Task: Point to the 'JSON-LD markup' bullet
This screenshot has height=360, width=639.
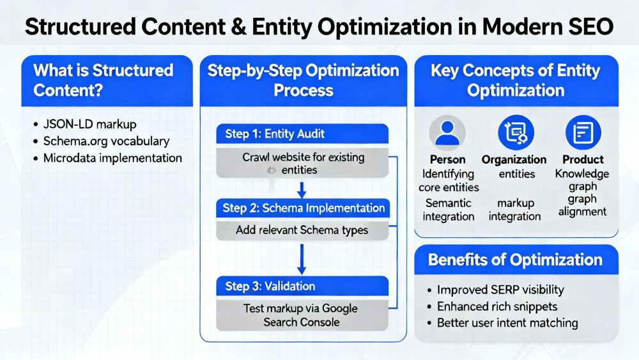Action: coord(91,124)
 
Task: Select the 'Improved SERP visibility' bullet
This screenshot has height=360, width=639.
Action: coord(501,290)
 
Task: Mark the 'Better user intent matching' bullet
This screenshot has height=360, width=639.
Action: coord(507,323)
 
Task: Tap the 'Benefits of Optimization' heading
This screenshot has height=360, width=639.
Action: coord(515,260)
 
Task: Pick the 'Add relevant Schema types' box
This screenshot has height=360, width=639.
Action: coord(302,230)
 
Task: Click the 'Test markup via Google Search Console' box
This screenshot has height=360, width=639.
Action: coord(302,315)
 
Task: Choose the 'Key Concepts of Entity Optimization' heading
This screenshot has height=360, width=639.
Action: coord(515,80)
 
